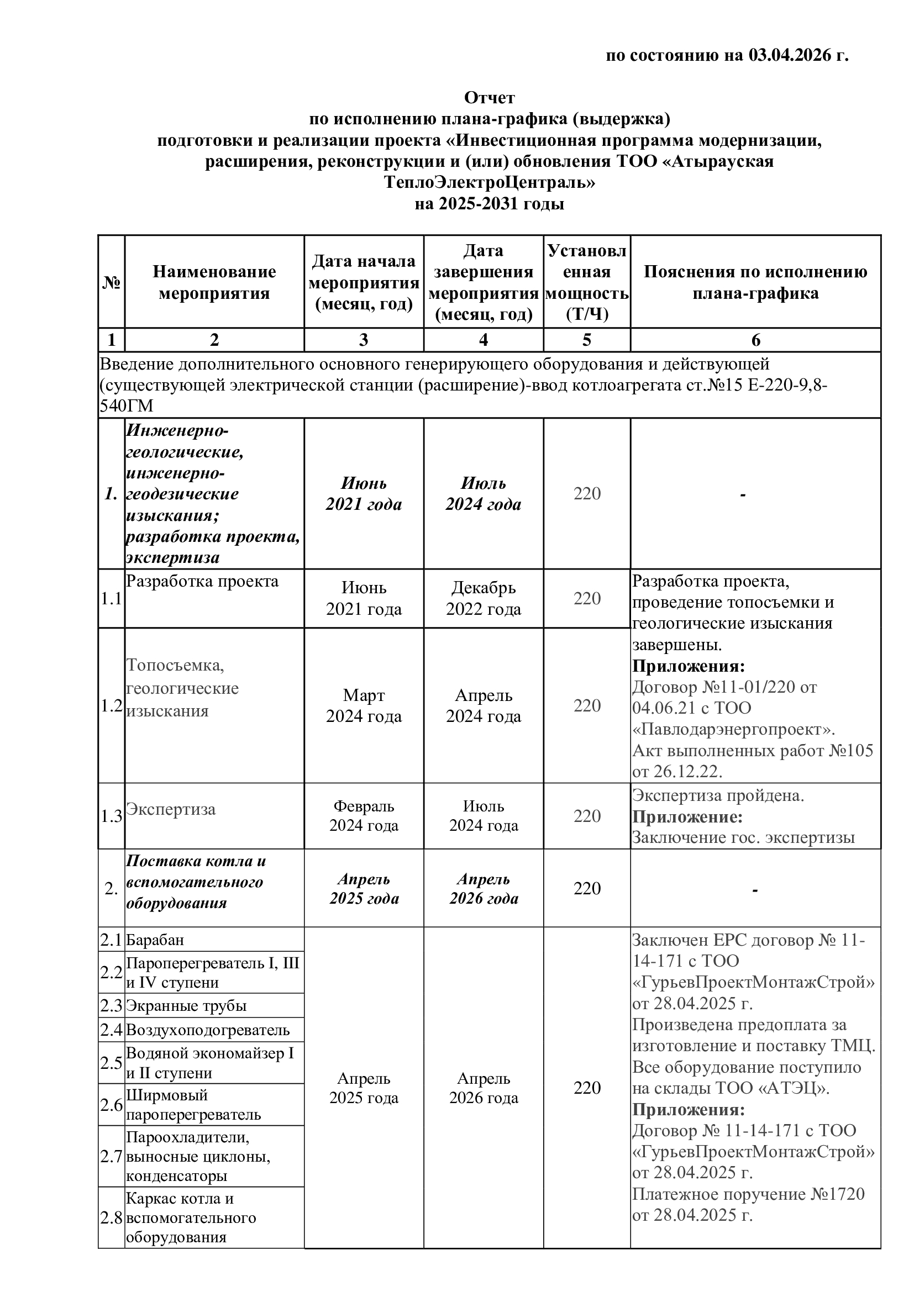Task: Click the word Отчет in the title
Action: (x=489, y=98)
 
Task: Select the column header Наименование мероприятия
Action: (x=214, y=282)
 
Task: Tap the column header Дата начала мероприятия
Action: (x=364, y=282)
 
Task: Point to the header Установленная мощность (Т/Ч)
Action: (x=587, y=282)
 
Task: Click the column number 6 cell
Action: (x=755, y=340)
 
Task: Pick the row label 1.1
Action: (x=112, y=599)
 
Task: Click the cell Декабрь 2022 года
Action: (x=484, y=598)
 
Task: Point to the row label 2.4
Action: (x=112, y=1030)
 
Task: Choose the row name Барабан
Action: (x=155, y=940)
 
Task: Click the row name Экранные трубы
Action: (x=186, y=1005)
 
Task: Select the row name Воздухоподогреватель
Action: (x=208, y=1030)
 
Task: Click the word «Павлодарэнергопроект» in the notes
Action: (x=733, y=730)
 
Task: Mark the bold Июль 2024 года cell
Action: (x=484, y=493)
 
